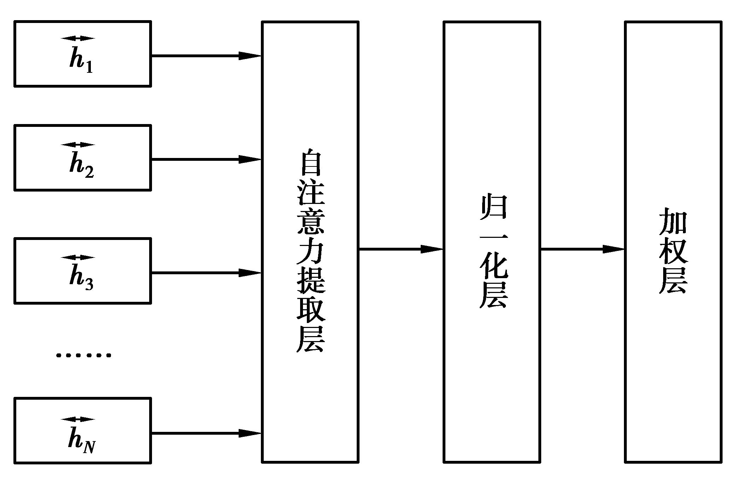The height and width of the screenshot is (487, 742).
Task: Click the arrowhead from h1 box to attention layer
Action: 250,55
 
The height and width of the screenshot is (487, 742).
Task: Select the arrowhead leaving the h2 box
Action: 250,159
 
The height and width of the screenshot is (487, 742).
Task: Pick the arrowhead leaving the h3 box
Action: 250,273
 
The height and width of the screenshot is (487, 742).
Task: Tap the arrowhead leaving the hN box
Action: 250,433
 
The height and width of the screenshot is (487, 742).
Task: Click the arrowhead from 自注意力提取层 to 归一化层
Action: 431,249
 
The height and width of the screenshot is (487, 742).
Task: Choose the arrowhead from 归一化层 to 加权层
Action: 613,249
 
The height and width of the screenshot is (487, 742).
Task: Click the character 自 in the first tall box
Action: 311,163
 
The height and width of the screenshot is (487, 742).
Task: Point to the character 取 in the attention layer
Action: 311,310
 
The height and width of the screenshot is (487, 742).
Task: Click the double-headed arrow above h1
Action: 78,39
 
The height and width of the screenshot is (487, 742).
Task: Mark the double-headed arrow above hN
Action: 78,419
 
